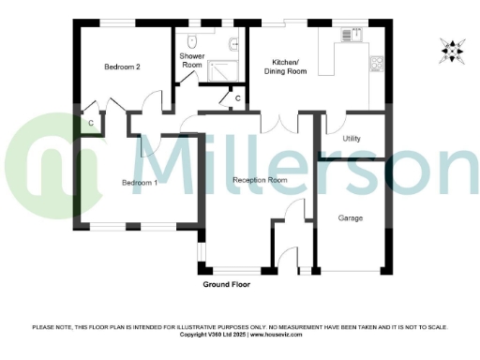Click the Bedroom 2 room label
click(x=122, y=67)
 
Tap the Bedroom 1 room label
click(x=140, y=182)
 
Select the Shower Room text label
click(x=192, y=61)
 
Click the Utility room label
click(x=352, y=138)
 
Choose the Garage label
click(x=351, y=217)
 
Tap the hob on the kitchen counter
click(x=377, y=64)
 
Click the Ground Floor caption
click(x=229, y=283)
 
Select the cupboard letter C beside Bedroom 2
click(x=91, y=122)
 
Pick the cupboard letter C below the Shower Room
click(x=237, y=97)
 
